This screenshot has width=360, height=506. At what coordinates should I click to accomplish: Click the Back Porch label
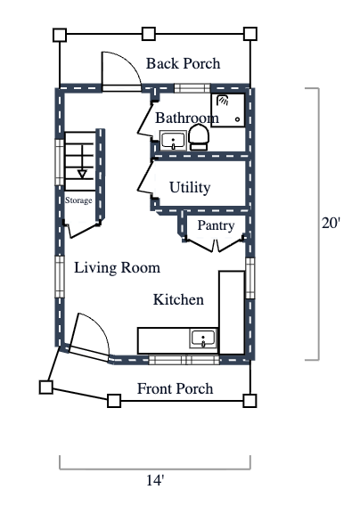183,64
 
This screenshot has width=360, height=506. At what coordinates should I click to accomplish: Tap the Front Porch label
175,388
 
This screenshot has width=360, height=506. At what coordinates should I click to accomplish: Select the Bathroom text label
186,118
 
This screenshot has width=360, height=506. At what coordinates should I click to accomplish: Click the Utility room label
190,187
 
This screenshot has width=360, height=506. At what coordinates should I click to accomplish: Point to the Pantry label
216,225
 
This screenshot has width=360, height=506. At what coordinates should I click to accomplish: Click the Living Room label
117,267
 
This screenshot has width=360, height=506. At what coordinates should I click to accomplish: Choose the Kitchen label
178,299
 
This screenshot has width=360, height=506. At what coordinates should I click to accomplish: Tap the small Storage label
78,200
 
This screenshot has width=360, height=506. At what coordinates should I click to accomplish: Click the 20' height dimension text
331,224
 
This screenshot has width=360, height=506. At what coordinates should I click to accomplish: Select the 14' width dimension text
155,480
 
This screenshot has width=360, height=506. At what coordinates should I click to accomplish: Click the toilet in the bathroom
199,136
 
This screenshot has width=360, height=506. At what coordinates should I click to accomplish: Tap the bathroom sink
172,140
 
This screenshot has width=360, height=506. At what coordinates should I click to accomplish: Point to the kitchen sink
203,339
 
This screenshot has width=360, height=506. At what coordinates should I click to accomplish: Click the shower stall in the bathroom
228,109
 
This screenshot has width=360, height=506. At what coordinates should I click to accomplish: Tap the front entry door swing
89,335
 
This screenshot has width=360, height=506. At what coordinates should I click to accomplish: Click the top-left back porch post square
60,36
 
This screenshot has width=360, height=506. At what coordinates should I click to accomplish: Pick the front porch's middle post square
114,401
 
